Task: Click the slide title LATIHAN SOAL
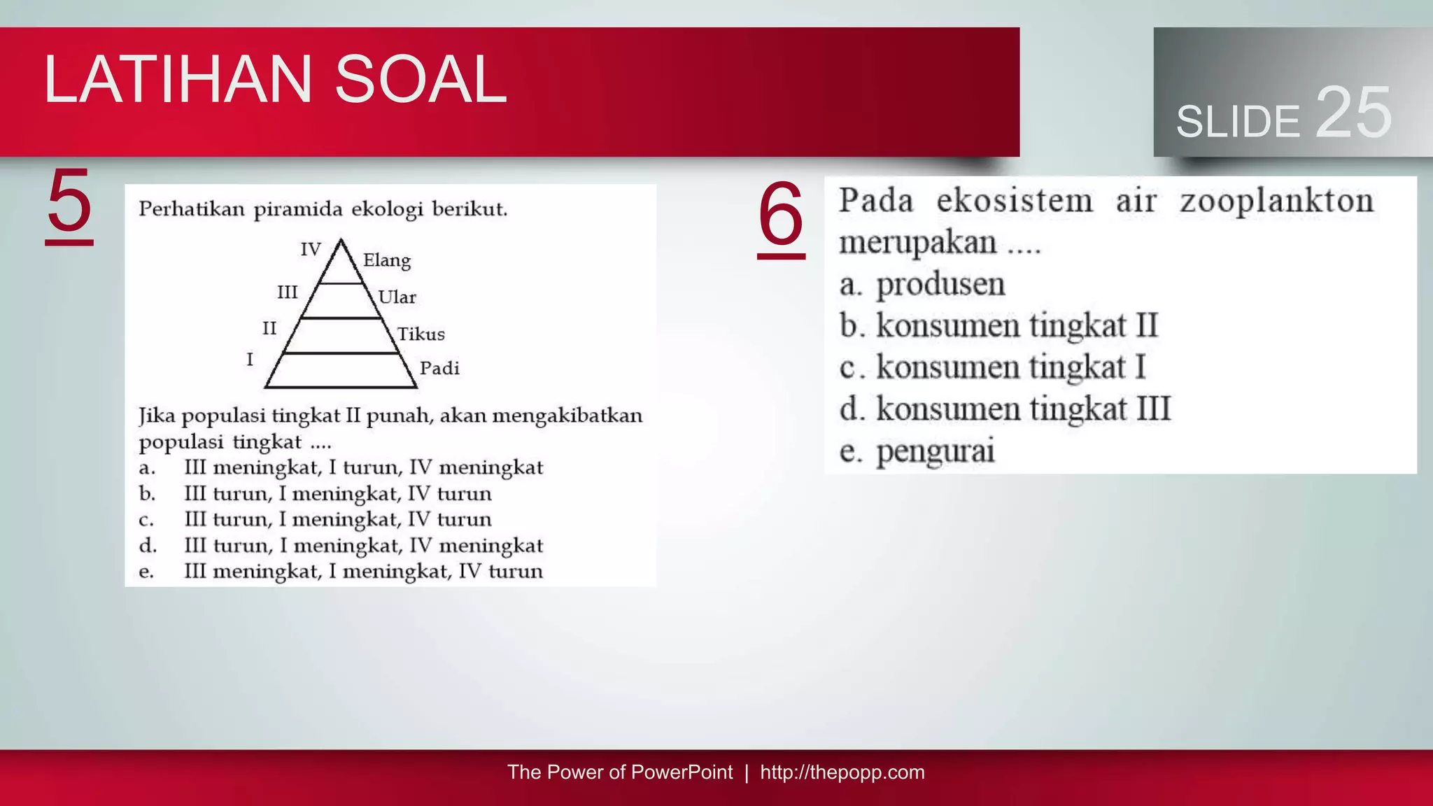click(275, 80)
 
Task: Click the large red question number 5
click(69, 203)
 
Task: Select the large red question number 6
click(781, 216)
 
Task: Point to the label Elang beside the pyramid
click(387, 261)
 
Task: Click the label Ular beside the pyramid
click(397, 297)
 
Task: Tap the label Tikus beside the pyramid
click(421, 334)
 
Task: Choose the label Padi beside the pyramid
click(439, 369)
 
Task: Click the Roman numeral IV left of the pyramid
click(311, 249)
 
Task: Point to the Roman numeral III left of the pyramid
click(287, 292)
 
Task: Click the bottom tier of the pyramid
click(341, 371)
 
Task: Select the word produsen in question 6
click(940, 285)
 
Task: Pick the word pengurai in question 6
click(936, 451)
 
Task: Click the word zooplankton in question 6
click(1277, 201)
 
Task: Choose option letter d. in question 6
click(852, 409)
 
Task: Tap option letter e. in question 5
click(146, 572)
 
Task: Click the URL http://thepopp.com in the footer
click(842, 772)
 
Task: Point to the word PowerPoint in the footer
click(682, 772)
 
